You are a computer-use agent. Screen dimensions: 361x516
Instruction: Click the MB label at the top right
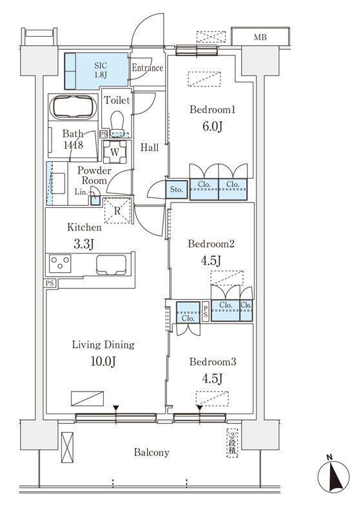[x=260, y=37]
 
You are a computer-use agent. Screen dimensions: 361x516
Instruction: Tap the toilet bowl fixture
[x=117, y=123]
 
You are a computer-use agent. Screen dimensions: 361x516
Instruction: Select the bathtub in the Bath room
[x=73, y=107]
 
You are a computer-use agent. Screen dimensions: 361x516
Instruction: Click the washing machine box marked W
[x=115, y=152]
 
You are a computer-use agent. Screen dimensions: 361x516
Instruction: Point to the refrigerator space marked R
[x=117, y=211]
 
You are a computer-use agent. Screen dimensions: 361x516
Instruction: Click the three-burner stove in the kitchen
[x=60, y=264]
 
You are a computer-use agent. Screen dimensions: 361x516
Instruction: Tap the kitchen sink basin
[x=111, y=264]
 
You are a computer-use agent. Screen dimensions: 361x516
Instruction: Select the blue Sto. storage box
[x=177, y=190]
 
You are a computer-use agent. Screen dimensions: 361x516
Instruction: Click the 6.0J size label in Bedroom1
[x=212, y=126]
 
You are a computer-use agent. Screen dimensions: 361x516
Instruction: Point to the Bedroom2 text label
[x=211, y=244]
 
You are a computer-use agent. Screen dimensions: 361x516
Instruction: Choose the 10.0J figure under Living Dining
[x=103, y=361]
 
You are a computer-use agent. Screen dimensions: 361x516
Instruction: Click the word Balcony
[x=151, y=453]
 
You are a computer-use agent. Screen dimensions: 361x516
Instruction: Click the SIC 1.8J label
[x=101, y=70]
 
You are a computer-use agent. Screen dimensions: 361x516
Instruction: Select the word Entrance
[x=148, y=68]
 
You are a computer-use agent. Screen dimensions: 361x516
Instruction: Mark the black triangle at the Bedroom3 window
[x=200, y=408]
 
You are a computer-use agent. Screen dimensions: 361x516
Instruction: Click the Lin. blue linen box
[x=95, y=201]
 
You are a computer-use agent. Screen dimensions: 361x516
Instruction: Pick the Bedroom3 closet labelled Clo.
[x=188, y=312]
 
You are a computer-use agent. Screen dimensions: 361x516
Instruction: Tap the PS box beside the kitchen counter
[x=50, y=283]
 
